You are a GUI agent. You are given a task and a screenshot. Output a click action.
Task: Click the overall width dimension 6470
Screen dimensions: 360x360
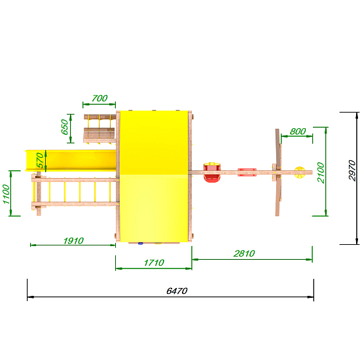(177, 291)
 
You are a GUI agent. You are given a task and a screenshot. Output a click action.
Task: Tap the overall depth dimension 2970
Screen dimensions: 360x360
(352, 170)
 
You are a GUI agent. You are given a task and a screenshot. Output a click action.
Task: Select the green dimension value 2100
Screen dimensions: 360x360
(321, 172)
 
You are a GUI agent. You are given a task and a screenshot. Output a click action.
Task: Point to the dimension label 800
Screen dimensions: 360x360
(298, 132)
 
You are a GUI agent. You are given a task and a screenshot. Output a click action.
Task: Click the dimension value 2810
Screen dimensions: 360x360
(244, 253)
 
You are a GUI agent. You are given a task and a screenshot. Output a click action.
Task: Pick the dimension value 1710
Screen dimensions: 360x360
(154, 262)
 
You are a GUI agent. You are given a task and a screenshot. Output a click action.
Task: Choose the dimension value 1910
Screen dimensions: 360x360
(73, 241)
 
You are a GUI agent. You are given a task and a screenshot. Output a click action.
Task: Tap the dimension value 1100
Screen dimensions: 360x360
(7, 194)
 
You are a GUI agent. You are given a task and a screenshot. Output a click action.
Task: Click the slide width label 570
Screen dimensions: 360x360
(40, 160)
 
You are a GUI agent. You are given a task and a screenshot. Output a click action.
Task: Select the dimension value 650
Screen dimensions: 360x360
(65, 127)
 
